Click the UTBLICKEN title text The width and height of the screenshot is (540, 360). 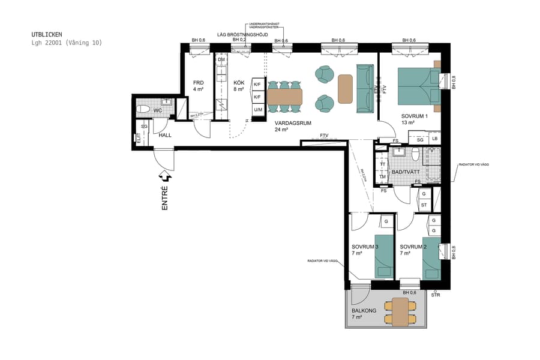pyautogui.click(x=46, y=35)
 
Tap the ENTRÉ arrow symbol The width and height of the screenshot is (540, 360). pyautogui.click(x=165, y=176)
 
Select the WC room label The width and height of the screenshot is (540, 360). pyautogui.click(x=158, y=111)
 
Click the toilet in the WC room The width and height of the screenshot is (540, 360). pyautogui.click(x=143, y=109)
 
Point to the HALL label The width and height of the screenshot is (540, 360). pyautogui.click(x=165, y=135)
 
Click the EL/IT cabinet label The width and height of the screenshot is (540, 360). pyautogui.click(x=139, y=139)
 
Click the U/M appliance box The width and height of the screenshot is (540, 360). pyautogui.click(x=258, y=110)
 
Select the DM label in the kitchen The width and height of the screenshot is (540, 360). pyautogui.click(x=221, y=59)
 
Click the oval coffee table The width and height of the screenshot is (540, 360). pyautogui.click(x=345, y=88)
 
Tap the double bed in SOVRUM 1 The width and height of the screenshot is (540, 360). pyautogui.click(x=418, y=86)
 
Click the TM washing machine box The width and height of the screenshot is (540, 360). pyautogui.click(x=382, y=177)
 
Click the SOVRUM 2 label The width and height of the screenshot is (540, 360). pyautogui.click(x=413, y=247)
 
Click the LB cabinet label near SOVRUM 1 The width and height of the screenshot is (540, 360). pyautogui.click(x=434, y=139)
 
